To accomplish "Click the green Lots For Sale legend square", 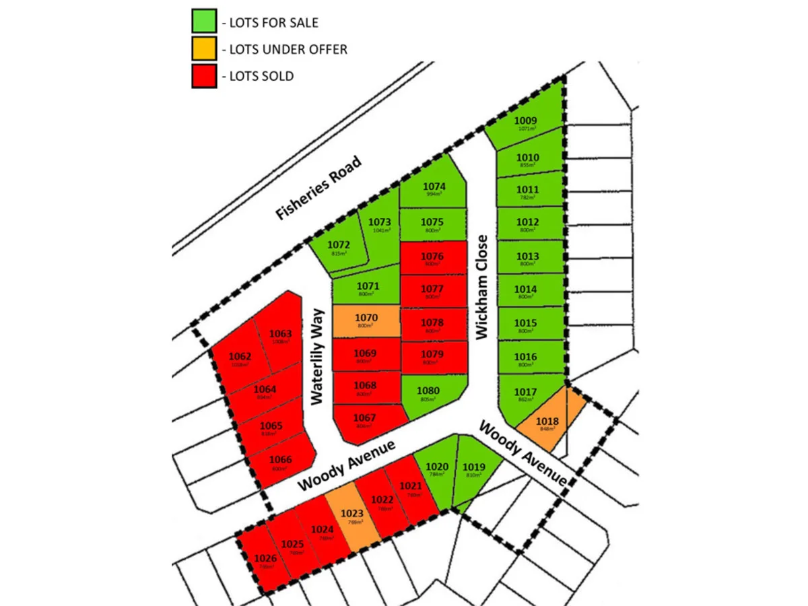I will (204, 22).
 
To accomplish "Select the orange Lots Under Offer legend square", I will (204, 48).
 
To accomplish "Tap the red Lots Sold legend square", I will (204, 75).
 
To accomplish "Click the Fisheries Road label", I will (319, 189).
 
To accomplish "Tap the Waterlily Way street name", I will (318, 356).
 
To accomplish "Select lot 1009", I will (526, 124).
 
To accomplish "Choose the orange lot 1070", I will (366, 321).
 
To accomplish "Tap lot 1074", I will (434, 189).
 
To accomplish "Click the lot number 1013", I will (527, 257).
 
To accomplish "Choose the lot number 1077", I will (432, 289).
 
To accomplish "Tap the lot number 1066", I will (281, 460).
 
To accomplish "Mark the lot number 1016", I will (526, 357).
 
